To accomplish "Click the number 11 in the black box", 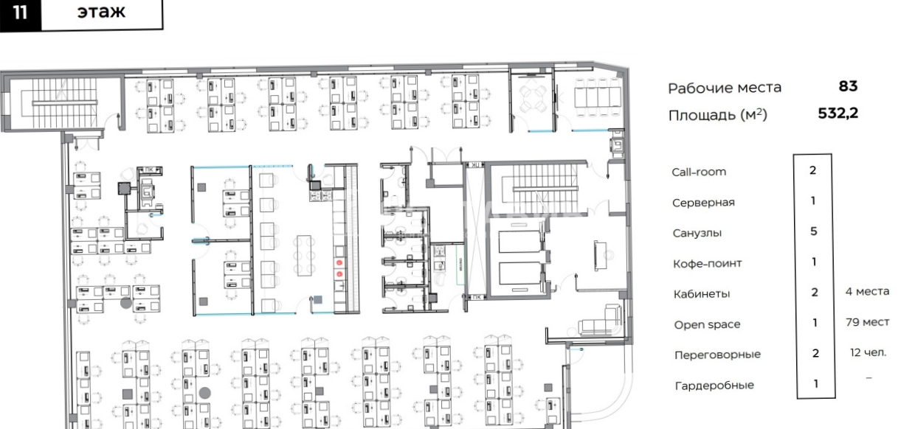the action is point(20,13).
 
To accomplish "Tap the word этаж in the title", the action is point(101,12).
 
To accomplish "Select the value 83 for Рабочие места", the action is point(848,86).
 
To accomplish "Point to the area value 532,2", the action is point(838,114).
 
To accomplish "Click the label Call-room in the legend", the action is point(699,172).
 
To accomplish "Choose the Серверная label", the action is point(703,203).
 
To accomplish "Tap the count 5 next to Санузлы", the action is point(813,231).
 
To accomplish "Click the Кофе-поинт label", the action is point(708,263).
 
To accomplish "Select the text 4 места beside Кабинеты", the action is point(867,291).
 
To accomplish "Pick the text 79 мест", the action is point(867,322).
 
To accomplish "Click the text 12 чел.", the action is point(868,352).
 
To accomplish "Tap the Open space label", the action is point(707,324).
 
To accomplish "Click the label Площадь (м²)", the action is point(718,115).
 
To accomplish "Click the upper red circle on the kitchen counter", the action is point(339,262).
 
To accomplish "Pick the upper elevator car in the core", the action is point(519,242).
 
